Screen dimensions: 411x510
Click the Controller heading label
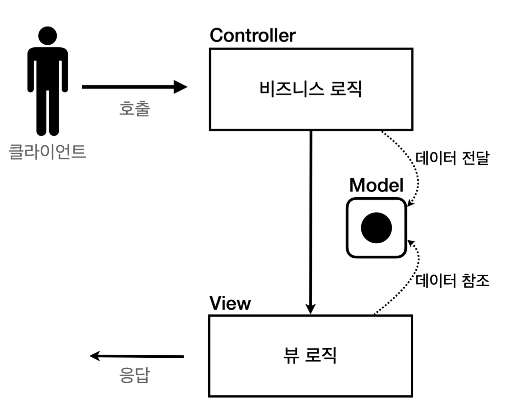coord(253,35)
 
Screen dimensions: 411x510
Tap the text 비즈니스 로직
coord(310,89)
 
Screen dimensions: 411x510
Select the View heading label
coord(230,303)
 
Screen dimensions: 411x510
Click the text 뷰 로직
coord(310,355)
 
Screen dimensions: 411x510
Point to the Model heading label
coord(376,185)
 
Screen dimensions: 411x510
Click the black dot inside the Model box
coord(376,228)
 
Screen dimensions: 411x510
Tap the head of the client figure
coord(47,36)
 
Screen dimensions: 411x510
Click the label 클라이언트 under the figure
coord(47,152)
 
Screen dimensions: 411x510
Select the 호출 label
coord(135,109)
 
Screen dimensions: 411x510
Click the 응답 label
coord(135,375)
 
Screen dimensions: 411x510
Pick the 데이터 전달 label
coord(452,158)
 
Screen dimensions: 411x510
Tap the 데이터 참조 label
coord(452,280)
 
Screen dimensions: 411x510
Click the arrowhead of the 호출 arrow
coord(180,87)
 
